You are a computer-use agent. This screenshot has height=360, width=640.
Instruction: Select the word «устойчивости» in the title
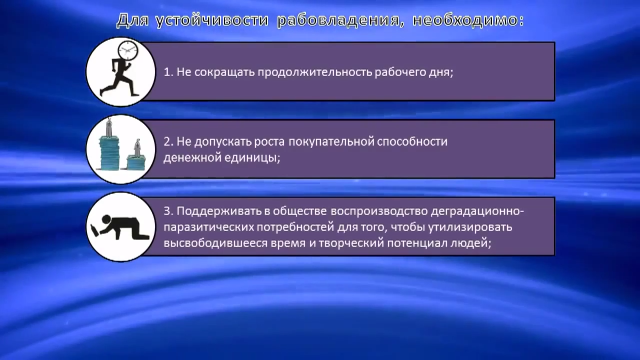click(214, 20)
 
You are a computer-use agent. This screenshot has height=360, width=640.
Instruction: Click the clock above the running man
click(127, 50)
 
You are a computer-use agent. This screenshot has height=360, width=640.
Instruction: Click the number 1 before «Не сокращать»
click(167, 72)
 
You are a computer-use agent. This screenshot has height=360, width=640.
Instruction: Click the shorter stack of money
click(136, 159)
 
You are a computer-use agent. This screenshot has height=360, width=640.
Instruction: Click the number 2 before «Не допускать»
click(167, 141)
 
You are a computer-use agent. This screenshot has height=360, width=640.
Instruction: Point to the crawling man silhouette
click(120, 228)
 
